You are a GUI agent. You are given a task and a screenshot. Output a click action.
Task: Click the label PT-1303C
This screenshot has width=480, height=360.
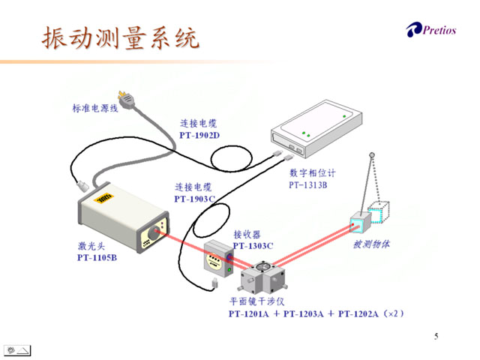253,245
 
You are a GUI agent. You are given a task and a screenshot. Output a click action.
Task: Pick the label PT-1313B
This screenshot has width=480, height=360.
307,184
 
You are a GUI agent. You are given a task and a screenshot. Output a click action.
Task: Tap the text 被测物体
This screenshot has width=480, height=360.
373,244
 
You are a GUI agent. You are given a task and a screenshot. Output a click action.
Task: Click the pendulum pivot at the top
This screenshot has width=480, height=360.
373,156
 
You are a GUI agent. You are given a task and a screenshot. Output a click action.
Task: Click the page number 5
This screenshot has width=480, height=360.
436,336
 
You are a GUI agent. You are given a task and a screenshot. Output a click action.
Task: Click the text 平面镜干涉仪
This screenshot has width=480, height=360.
256,303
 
